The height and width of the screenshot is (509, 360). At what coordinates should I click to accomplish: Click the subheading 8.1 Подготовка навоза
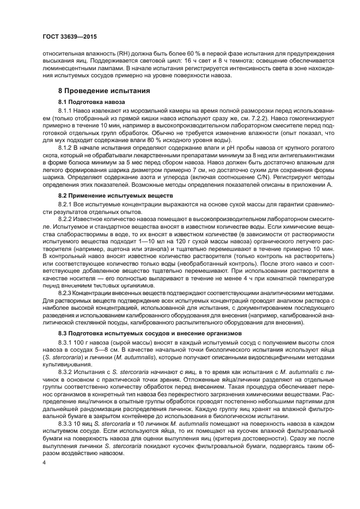(x=92, y=102)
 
